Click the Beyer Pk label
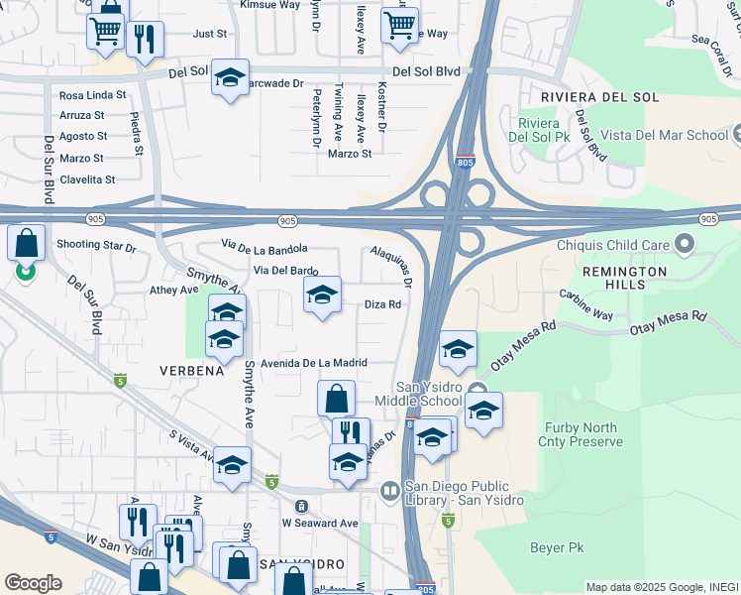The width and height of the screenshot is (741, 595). point(557,547)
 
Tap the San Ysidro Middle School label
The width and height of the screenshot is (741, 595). point(418,394)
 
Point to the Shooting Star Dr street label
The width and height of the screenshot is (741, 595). point(96,245)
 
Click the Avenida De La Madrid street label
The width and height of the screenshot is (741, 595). point(315,362)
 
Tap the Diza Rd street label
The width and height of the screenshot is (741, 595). point(382,304)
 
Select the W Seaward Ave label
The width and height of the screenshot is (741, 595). point(320,523)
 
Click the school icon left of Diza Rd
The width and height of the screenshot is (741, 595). point(322,295)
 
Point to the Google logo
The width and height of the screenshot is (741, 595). point(33,582)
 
